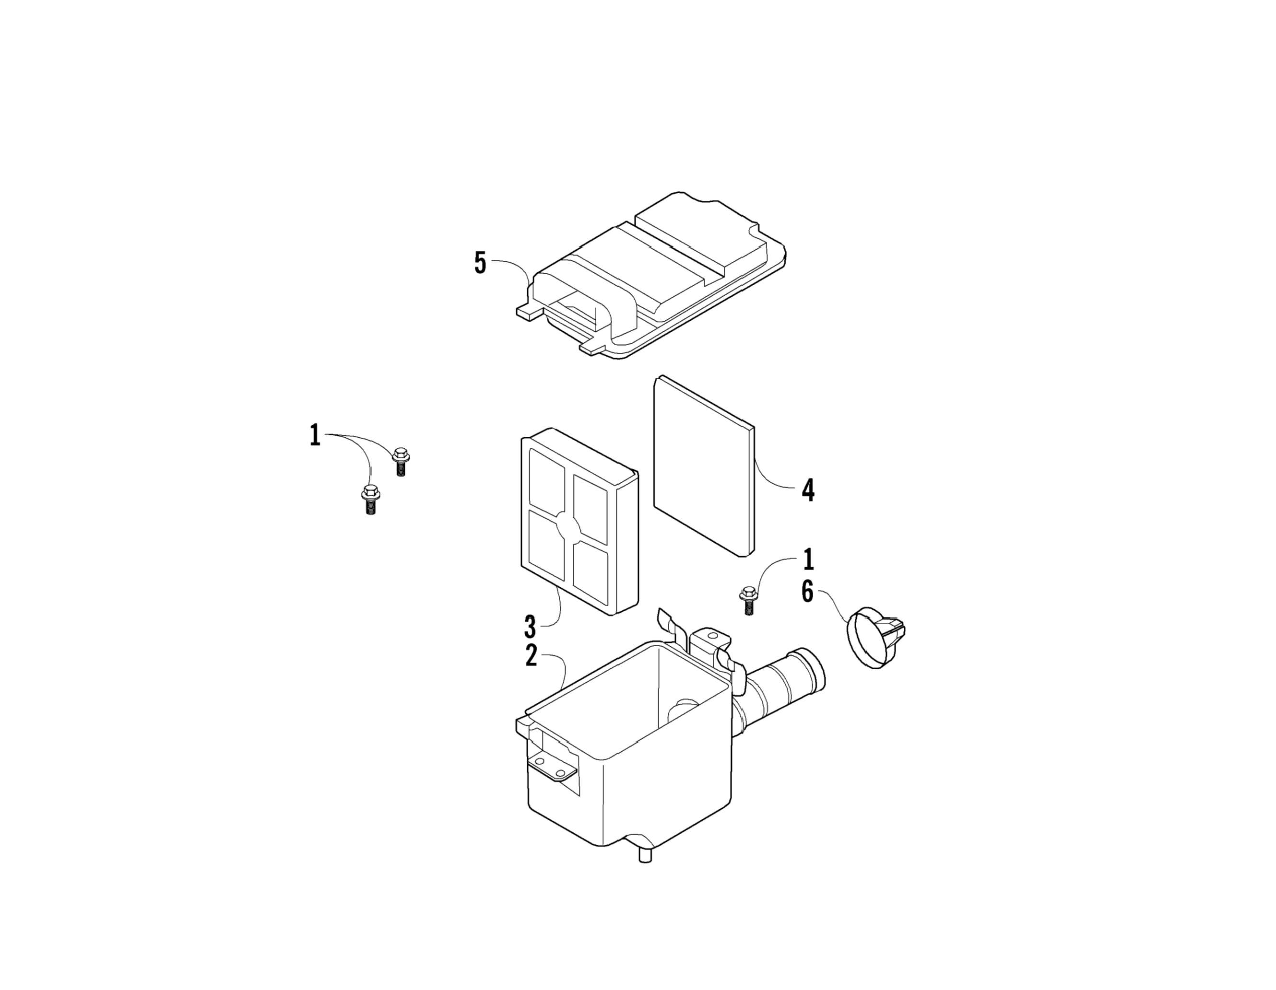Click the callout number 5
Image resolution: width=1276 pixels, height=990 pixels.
480,263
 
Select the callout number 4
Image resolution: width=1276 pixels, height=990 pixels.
808,490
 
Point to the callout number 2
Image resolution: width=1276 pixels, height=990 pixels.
531,656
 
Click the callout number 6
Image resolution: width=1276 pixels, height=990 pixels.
807,592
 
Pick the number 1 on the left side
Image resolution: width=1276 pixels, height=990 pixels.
315,436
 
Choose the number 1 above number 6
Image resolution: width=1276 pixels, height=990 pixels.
808,559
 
